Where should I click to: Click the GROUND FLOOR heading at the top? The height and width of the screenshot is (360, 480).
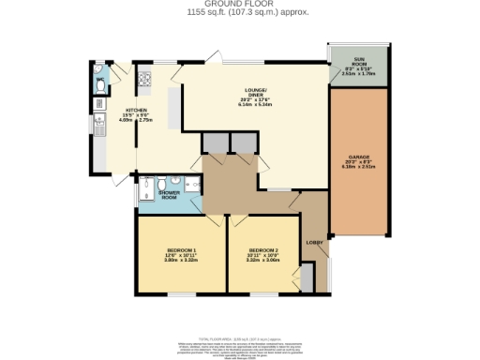239,5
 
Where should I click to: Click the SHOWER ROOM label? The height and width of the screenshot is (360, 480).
154,196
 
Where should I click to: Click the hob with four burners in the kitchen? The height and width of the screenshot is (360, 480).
145,81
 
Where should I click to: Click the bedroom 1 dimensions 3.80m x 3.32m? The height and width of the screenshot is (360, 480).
181,261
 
